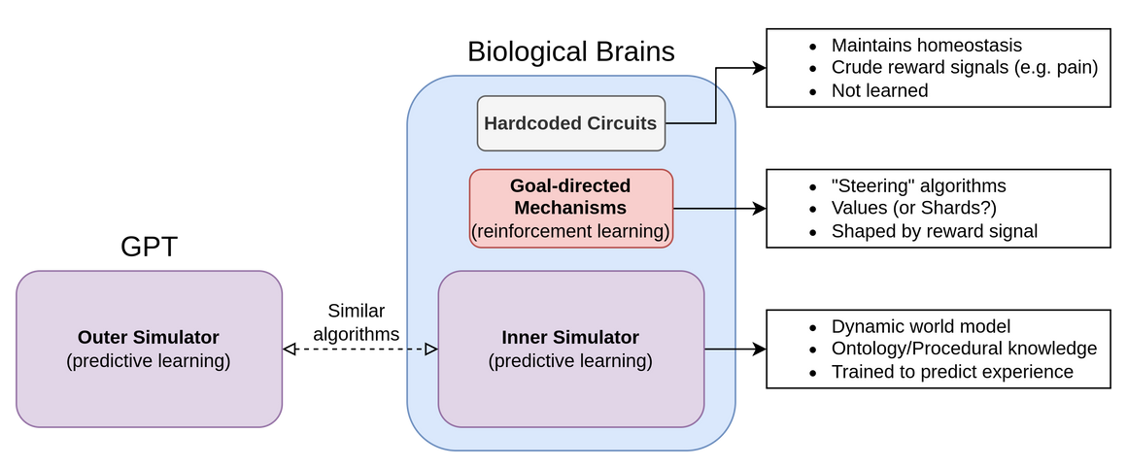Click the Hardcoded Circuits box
pyautogui.click(x=571, y=123)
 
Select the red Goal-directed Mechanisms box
pyautogui.click(x=571, y=208)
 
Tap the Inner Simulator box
pyautogui.click(x=571, y=349)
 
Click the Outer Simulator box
pyautogui.click(x=149, y=349)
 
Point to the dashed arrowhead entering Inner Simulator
pyautogui.click(x=432, y=349)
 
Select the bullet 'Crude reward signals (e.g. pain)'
pyautogui.click(x=964, y=68)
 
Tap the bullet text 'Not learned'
pyautogui.click(x=879, y=90)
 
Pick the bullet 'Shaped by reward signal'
pyautogui.click(x=934, y=231)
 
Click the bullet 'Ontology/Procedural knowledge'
pyautogui.click(x=964, y=350)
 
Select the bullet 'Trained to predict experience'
pyautogui.click(x=951, y=372)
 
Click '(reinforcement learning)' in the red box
pyautogui.click(x=571, y=231)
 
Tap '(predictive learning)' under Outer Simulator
pyautogui.click(x=149, y=361)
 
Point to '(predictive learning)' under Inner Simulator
pyautogui.click(x=570, y=361)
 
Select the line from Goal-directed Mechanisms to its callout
pyautogui.click(x=705, y=208)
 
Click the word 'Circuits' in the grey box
pyautogui.click(x=621, y=123)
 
